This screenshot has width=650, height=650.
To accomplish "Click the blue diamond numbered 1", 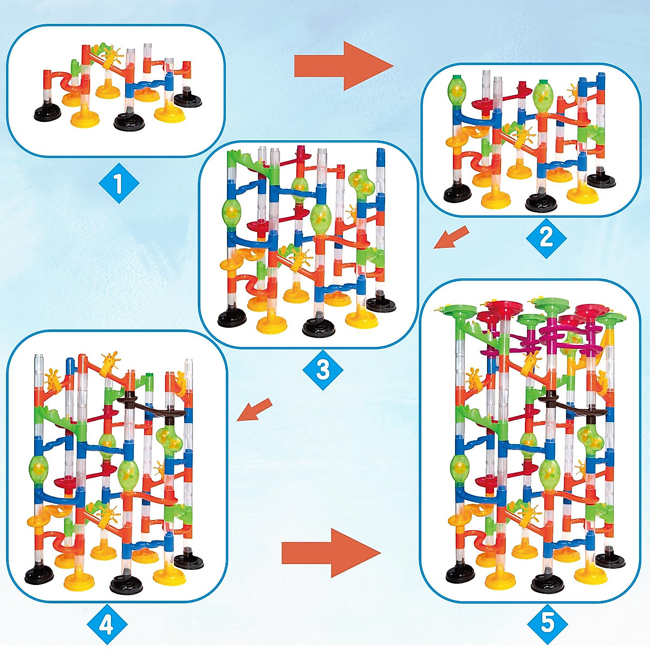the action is (119, 184).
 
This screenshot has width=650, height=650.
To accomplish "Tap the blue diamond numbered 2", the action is (546, 237).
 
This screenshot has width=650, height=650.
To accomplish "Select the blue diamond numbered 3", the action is (323, 370).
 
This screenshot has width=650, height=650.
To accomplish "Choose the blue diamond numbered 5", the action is (548, 623).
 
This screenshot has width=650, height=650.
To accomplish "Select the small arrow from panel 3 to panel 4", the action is (255, 409).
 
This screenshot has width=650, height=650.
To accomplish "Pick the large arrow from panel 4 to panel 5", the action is (330, 553).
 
